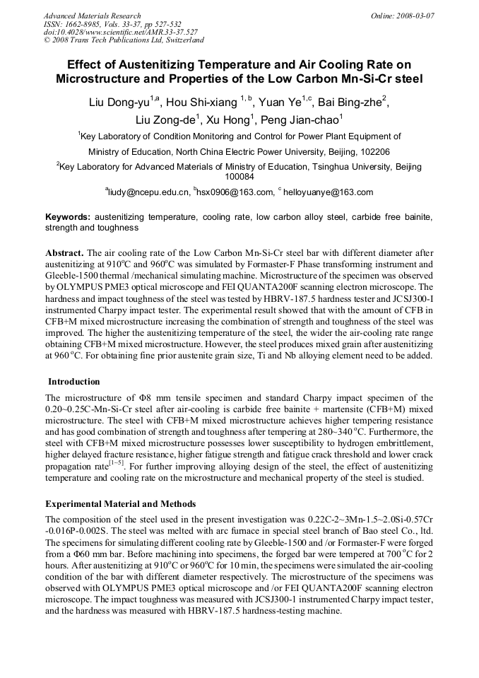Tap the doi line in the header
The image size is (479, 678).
[x=121, y=32]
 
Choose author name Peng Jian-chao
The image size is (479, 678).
[x=307, y=120]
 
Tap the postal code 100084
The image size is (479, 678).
[x=239, y=177]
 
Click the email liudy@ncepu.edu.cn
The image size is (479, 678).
[x=148, y=192]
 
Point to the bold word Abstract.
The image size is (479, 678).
[x=65, y=252]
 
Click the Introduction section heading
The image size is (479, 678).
[x=74, y=382]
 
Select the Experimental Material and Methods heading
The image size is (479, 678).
[x=120, y=503]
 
